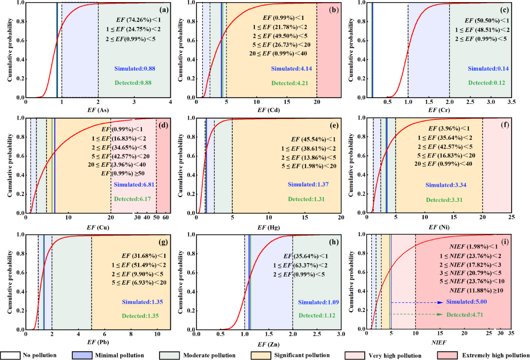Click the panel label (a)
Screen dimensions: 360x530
pyautogui.click(x=164, y=10)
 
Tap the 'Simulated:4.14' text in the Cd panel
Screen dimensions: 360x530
pyautogui.click(x=291, y=69)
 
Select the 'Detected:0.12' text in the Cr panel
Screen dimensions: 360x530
pyautogui.click(x=487, y=83)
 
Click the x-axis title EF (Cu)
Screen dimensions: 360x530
pyautogui.click(x=98, y=228)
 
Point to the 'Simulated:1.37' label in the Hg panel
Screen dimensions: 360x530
pyautogui.click(x=308, y=184)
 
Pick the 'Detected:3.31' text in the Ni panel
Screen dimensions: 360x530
pyautogui.click(x=444, y=200)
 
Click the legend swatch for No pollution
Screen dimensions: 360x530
pyautogui.click(x=10, y=355)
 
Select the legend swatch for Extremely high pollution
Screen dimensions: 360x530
pyautogui.click(x=447, y=355)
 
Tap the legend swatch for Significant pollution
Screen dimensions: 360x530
pyautogui.click(x=261, y=355)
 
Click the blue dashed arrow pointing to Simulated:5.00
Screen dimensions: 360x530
pyautogui.click(x=417, y=302)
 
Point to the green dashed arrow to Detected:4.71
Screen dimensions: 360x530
pyautogui.click(x=416, y=314)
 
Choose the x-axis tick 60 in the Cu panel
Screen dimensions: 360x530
pyautogui.click(x=166, y=217)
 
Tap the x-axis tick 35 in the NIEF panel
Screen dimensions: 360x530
pyautogui.click(x=511, y=333)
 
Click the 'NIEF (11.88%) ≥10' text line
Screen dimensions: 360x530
pyautogui.click(x=476, y=290)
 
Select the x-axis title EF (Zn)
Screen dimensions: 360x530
pyautogui.click(x=268, y=344)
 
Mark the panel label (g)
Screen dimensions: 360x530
pyautogui.click(x=163, y=242)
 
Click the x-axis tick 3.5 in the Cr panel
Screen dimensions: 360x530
pyautogui.click(x=511, y=102)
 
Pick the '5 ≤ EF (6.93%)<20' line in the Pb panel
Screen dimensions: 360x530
pyautogui.click(x=139, y=283)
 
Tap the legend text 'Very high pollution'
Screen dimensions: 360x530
pyautogui.click(x=395, y=356)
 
